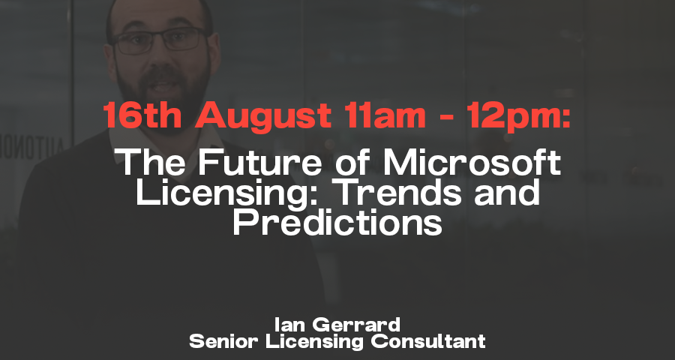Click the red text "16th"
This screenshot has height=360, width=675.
142,115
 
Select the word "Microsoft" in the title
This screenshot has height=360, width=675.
472,161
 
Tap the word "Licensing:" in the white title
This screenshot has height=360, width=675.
232,192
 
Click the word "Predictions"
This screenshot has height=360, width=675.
337,222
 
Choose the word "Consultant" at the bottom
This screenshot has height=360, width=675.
428,341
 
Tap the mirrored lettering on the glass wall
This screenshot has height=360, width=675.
32,149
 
